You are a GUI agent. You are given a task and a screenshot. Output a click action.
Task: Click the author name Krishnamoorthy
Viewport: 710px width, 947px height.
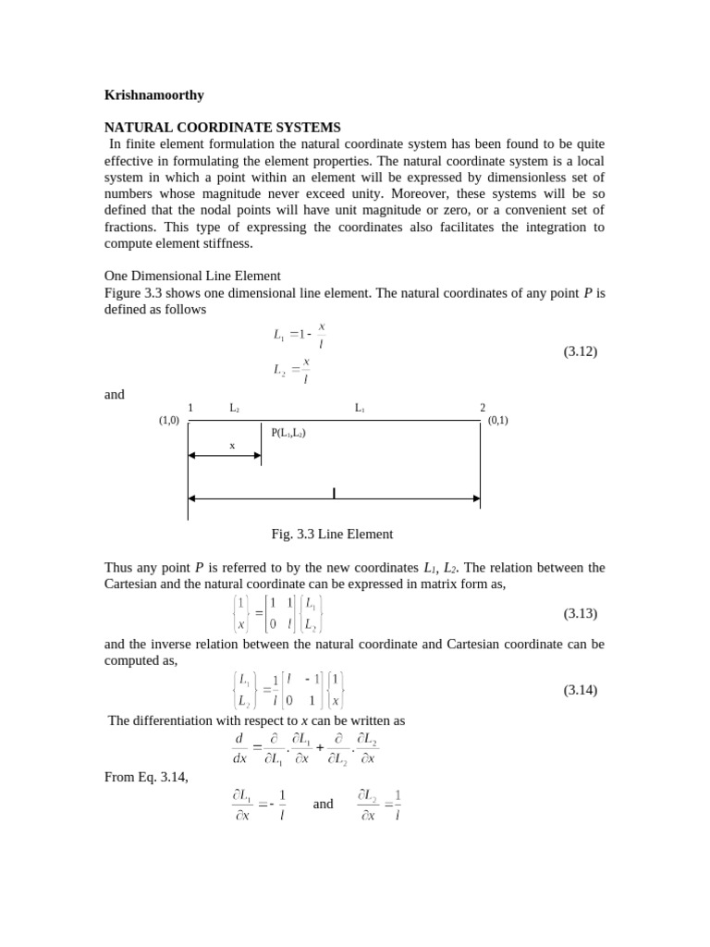point(153,94)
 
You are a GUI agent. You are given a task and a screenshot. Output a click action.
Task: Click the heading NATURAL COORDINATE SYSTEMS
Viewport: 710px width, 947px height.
point(222,127)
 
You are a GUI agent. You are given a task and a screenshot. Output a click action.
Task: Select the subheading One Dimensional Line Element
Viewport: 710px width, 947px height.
point(192,276)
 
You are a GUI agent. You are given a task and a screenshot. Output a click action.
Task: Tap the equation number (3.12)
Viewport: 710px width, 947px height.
point(581,351)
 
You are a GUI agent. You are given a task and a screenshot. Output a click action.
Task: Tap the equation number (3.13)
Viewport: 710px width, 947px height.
point(581,613)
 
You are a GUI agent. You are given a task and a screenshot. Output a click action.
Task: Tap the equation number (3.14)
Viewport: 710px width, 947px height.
point(581,690)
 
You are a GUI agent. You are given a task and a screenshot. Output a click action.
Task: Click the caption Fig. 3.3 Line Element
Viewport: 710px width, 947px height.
point(332,534)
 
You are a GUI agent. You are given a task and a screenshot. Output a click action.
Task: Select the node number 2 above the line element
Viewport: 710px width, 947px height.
point(482,408)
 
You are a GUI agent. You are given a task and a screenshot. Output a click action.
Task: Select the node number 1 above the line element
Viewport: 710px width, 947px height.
point(190,408)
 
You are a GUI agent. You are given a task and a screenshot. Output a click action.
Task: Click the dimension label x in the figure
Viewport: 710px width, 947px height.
point(232,445)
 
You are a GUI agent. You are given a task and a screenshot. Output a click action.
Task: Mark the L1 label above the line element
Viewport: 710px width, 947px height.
point(360,408)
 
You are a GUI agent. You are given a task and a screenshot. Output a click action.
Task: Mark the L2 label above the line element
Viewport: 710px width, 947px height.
point(235,408)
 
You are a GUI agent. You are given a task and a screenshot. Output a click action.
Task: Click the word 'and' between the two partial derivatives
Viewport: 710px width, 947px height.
point(323,804)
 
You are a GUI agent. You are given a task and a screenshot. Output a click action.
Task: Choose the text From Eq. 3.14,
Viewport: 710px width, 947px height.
point(146,777)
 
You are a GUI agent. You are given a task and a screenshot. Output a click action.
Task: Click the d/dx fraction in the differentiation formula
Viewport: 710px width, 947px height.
point(239,748)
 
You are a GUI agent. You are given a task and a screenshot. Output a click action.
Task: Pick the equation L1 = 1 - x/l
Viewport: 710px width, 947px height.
point(300,335)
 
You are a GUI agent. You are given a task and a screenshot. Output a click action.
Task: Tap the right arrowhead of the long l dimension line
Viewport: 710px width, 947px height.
point(475,498)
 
